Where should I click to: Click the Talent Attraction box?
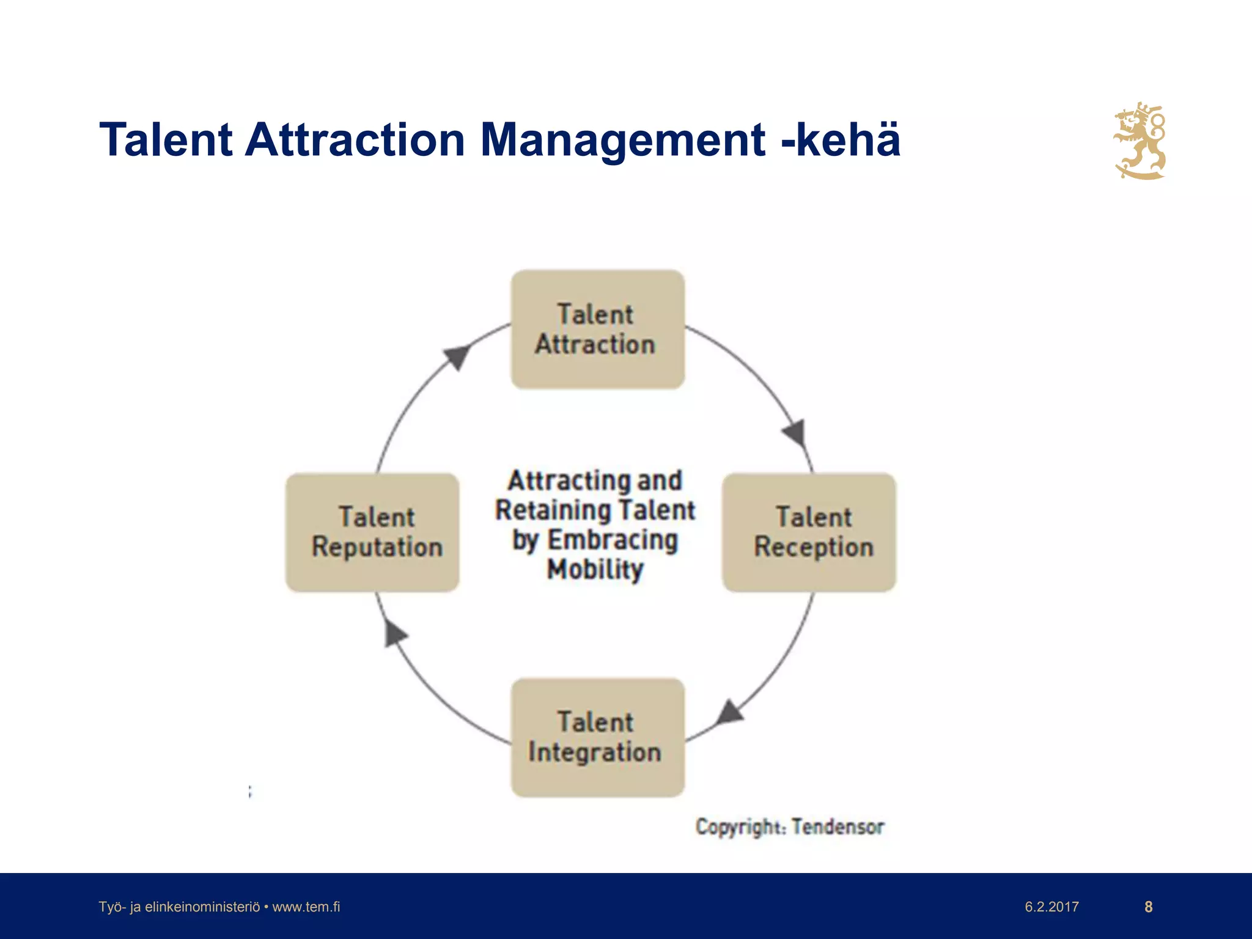[x=597, y=330]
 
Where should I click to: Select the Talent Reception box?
[x=809, y=532]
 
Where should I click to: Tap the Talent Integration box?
[x=597, y=737]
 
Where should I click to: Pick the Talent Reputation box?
[x=372, y=532]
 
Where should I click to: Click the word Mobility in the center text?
[x=595, y=569]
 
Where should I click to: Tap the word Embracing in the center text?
[x=613, y=540]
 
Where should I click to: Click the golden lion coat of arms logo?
[x=1140, y=141]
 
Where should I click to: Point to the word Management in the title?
[x=623, y=140]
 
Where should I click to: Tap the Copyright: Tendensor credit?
[x=789, y=827]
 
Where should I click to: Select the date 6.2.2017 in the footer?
[x=1051, y=907]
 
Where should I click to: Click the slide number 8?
[x=1148, y=907]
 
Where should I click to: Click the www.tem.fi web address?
[x=306, y=907]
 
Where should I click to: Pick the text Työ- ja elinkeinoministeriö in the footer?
[x=179, y=907]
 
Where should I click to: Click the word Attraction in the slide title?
[x=356, y=140]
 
